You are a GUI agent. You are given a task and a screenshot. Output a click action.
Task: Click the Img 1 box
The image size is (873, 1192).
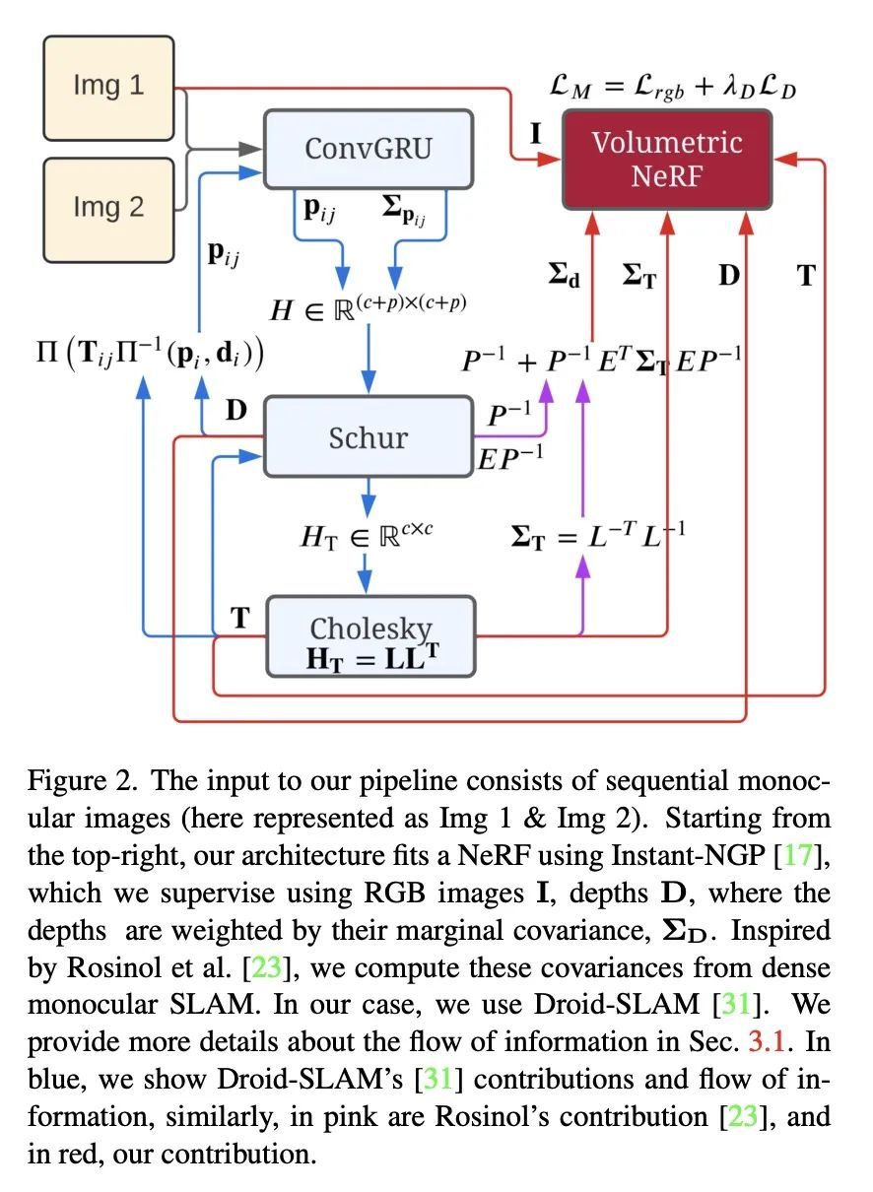click(108, 89)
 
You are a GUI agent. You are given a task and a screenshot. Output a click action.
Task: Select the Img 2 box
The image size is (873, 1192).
click(108, 210)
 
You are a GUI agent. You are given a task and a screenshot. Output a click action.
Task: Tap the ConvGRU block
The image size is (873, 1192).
click(369, 149)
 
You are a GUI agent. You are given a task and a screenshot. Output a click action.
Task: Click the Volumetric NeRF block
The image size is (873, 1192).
click(667, 160)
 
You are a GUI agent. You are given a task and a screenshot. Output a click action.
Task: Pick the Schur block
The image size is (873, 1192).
click(369, 436)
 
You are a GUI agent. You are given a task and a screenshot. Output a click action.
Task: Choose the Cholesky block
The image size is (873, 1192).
click(370, 636)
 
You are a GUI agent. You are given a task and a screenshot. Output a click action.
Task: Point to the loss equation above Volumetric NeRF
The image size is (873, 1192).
click(672, 88)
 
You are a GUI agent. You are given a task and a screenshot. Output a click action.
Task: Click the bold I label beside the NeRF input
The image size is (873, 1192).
click(535, 134)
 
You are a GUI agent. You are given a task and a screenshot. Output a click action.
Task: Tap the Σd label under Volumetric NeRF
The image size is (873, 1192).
click(565, 275)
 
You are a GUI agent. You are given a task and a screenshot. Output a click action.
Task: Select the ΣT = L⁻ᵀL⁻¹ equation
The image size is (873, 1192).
click(598, 535)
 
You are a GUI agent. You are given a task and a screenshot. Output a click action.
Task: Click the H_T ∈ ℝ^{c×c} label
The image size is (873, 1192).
click(367, 535)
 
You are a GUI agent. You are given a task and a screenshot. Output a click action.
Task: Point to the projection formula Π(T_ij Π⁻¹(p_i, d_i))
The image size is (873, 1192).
click(150, 353)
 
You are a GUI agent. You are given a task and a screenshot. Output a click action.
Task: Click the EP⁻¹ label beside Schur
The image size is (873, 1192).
click(510, 458)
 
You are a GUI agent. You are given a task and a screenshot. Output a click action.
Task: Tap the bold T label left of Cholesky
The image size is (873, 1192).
click(240, 618)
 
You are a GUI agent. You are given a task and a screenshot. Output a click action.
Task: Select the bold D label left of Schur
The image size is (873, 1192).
click(236, 410)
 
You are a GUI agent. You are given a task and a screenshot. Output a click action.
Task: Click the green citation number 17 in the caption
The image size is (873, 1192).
click(798, 855)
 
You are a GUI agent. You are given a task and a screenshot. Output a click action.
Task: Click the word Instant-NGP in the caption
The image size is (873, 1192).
click(688, 856)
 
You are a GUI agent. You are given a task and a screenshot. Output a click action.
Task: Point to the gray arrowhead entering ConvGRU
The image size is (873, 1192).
click(250, 149)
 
